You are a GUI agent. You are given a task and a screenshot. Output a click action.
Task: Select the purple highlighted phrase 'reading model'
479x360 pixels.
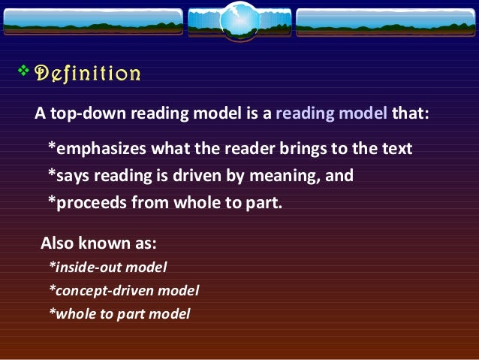point(332,113)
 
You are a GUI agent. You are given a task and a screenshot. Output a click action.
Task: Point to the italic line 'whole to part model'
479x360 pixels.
point(119,313)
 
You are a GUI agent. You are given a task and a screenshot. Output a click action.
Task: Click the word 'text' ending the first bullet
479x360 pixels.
point(397,148)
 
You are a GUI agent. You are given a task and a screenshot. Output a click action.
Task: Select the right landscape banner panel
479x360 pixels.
point(385,23)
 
